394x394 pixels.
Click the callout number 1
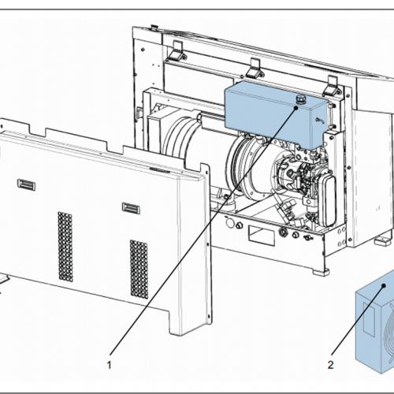[x=110, y=365]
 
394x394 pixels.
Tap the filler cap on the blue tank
[x=299, y=98]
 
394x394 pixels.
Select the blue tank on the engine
[x=268, y=114]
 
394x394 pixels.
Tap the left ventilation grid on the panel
[x=65, y=246]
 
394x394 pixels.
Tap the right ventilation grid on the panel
[x=139, y=269]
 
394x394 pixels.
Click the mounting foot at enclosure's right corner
[x=383, y=239]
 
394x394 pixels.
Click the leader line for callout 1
[x=197, y=236]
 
